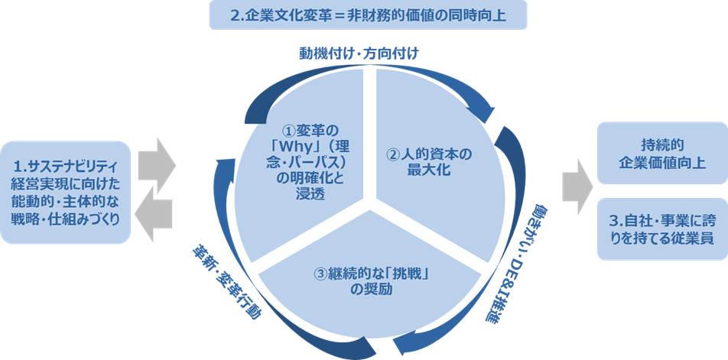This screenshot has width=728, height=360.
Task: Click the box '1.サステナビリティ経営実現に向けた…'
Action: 66,192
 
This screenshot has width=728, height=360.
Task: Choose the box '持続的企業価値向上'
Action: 662,153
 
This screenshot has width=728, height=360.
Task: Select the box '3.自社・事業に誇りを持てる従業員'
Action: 662,229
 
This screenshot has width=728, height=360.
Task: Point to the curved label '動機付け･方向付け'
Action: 359,54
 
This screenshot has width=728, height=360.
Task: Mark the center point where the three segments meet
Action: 372,206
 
